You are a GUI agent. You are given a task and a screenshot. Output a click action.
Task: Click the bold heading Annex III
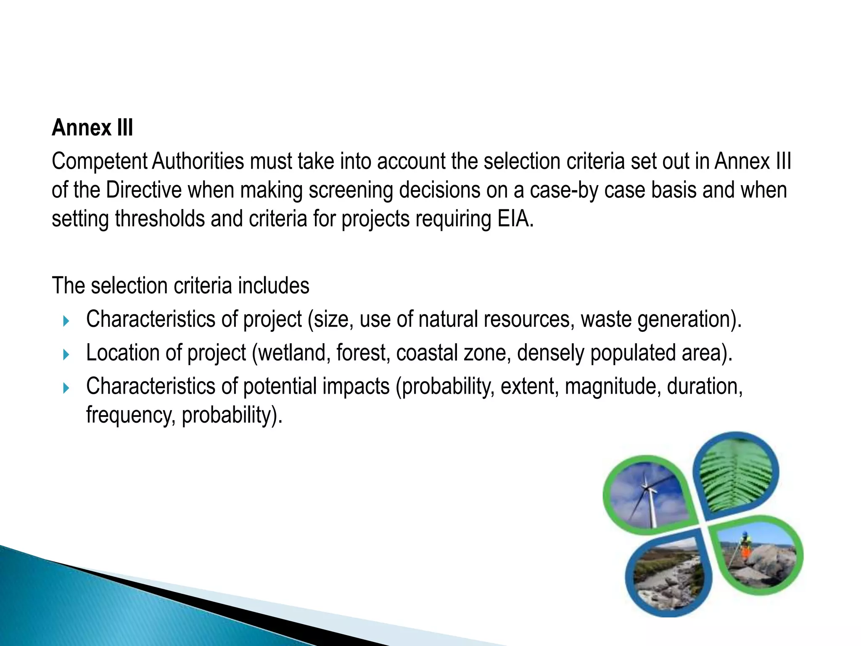click(x=92, y=128)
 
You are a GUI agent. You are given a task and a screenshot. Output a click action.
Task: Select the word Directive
click(x=144, y=190)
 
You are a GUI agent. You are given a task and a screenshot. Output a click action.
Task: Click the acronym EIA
click(x=515, y=219)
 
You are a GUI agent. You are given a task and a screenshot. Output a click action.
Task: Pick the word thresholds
click(x=160, y=219)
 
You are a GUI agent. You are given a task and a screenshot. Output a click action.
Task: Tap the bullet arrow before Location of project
click(x=66, y=355)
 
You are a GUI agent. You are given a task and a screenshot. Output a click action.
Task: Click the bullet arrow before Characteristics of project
click(x=66, y=321)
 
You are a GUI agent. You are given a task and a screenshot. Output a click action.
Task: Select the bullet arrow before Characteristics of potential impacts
click(x=66, y=388)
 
